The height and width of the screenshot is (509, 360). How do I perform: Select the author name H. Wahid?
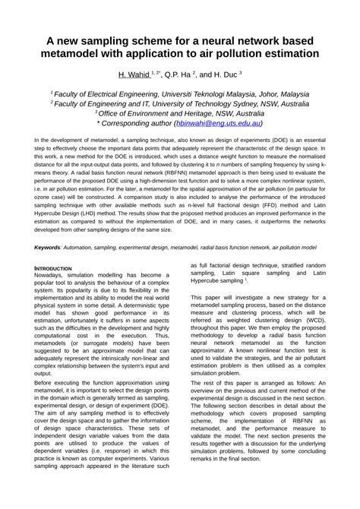tap(133, 75)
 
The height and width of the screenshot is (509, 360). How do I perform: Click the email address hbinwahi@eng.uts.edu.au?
tap(218, 122)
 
